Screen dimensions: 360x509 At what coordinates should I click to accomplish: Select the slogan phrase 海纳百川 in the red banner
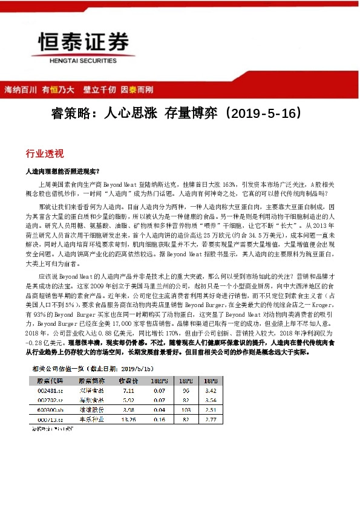[19, 89]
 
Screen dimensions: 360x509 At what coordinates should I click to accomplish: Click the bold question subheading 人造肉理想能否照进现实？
[67, 171]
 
